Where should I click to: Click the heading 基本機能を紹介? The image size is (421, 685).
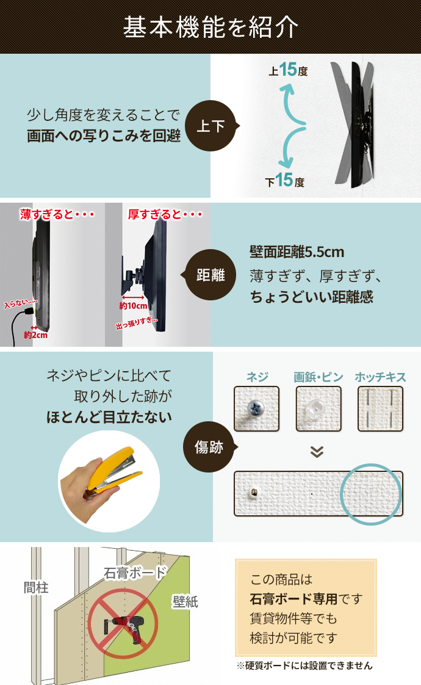coord(210,27)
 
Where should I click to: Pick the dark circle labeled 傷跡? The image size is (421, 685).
coord(209,448)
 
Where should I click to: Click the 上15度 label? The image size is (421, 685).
coord(287,71)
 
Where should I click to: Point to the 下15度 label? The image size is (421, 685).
coord(284,181)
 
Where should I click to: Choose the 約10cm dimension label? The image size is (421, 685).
coord(134,305)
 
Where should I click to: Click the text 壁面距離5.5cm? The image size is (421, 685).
coord(297,252)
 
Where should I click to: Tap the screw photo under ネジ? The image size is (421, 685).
coord(256,409)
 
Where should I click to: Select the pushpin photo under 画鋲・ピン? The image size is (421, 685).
coord(318,409)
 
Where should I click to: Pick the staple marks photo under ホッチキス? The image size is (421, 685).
coord(380,409)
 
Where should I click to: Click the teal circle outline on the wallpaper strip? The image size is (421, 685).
coord(370,494)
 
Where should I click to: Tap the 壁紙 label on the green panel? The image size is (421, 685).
coord(184,601)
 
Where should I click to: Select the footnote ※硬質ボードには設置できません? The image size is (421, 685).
coord(304,665)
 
